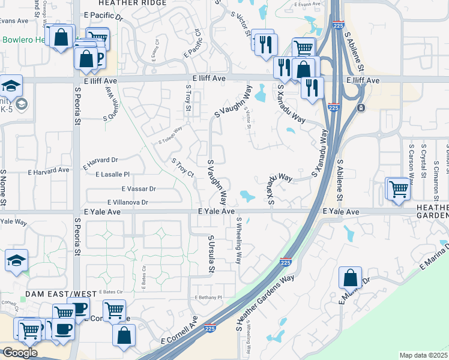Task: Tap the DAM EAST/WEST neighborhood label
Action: point(60,293)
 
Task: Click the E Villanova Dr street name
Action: point(128,203)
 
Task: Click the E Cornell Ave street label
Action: point(179,332)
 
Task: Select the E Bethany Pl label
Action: point(208,297)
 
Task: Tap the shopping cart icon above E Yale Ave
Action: point(399,189)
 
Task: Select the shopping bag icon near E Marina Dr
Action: point(350,278)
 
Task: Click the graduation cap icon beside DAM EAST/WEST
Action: point(16,260)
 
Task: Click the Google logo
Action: point(20,352)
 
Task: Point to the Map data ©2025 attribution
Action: point(423,355)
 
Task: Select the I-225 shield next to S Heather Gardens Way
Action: point(286,262)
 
